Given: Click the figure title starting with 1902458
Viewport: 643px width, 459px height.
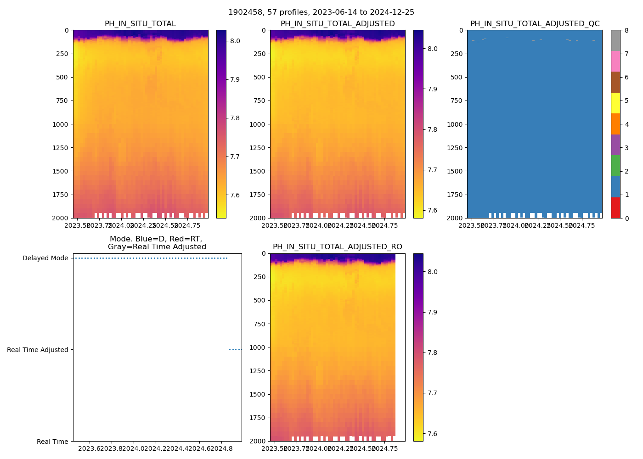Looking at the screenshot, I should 321,12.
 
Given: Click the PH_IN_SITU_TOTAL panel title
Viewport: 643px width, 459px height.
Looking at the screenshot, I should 140,24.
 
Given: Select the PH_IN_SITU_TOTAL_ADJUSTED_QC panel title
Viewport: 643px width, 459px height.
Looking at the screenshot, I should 535,24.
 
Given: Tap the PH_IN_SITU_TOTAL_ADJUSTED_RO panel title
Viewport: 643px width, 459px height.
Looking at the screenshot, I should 337,247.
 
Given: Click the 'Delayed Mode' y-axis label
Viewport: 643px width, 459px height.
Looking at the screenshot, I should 45,258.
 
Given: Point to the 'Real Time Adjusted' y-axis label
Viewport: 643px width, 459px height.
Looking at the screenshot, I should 38,350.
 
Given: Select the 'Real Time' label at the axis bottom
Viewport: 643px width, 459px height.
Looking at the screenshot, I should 52,442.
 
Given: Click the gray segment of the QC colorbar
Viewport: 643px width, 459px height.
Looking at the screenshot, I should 615,40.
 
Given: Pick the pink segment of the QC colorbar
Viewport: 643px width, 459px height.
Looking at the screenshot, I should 615,62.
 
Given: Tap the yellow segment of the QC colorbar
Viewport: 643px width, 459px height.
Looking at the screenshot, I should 615,103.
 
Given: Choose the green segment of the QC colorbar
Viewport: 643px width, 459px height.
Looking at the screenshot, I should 615,166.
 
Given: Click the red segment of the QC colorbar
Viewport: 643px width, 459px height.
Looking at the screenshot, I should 615,207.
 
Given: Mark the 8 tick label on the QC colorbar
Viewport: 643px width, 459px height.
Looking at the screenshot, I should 626,30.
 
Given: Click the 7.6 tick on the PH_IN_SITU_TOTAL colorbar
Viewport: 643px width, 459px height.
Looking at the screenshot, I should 235,195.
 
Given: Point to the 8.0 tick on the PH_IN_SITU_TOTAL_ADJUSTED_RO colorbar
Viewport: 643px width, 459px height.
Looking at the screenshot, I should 432,272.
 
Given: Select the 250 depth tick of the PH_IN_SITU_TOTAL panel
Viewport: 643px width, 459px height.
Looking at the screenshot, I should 62,54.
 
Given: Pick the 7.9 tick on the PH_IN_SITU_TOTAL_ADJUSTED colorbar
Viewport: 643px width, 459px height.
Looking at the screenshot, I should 432,89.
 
